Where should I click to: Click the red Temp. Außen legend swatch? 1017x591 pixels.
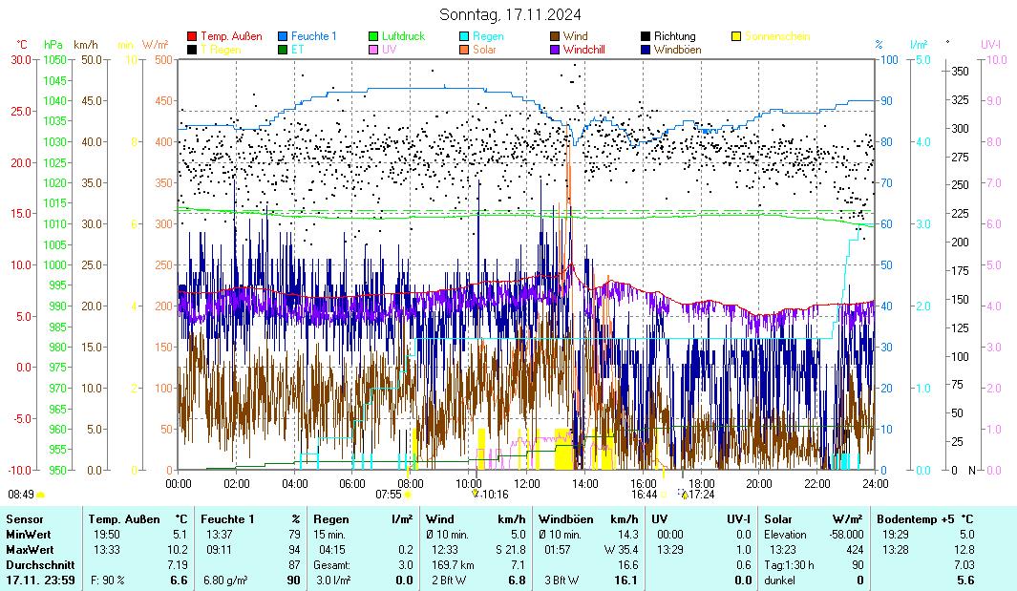(192, 36)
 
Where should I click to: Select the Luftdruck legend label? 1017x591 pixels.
(402, 36)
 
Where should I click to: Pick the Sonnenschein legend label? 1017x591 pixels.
(776, 36)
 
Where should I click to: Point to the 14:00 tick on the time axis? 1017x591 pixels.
(585, 483)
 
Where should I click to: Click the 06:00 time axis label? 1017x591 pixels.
(352, 483)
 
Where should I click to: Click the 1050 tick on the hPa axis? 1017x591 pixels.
(54, 59)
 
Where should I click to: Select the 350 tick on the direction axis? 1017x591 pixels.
(960, 71)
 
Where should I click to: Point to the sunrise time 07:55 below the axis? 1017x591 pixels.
(389, 495)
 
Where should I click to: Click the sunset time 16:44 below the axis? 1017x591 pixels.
(644, 495)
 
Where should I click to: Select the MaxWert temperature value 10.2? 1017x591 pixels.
(179, 549)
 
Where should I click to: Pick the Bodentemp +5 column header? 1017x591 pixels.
(925, 518)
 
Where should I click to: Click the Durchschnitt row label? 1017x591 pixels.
(35, 564)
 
